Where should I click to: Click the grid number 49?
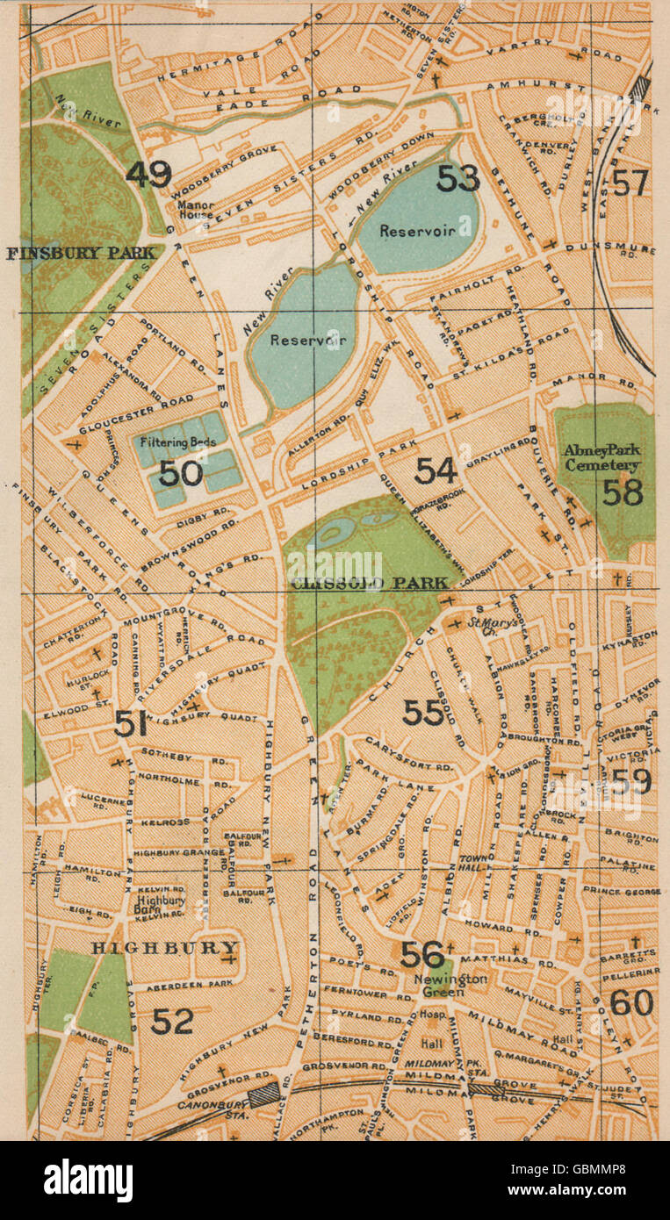pyautogui.click(x=148, y=174)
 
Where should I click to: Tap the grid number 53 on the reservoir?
pyautogui.click(x=458, y=178)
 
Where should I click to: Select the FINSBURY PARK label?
pyautogui.click(x=80, y=254)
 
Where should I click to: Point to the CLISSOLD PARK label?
pyautogui.click(x=369, y=583)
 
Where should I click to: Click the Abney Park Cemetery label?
pyautogui.click(x=602, y=458)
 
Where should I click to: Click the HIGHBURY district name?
pyautogui.click(x=165, y=948)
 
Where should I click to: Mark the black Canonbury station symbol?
pyautogui.click(x=263, y=1094)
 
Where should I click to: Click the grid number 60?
pyautogui.click(x=631, y=1002)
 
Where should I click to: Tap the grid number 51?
pyautogui.click(x=130, y=723)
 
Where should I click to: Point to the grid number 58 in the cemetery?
pyautogui.click(x=623, y=492)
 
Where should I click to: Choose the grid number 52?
pyautogui.click(x=172, y=1021)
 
